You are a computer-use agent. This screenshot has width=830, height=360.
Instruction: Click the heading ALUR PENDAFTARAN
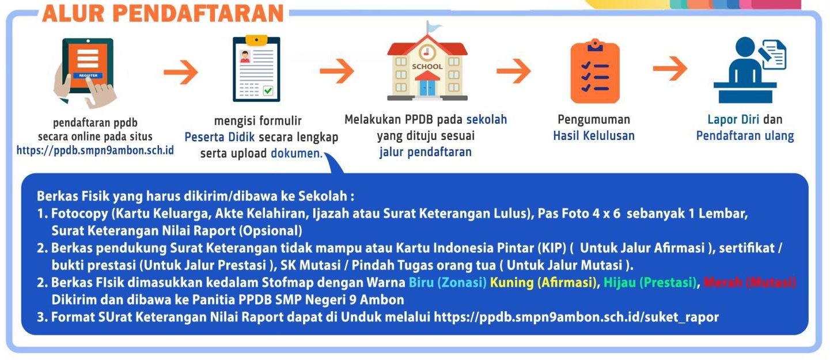(163, 13)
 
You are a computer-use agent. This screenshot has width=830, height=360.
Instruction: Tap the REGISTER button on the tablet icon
(88, 75)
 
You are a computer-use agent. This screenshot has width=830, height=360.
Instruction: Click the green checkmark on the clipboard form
(268, 90)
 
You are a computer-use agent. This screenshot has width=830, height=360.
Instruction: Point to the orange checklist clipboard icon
(595, 71)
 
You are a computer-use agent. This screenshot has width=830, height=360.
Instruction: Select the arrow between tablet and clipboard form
(181, 71)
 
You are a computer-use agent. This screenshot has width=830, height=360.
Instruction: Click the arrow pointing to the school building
(337, 70)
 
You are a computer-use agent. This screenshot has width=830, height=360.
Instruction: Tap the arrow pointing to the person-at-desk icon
(670, 69)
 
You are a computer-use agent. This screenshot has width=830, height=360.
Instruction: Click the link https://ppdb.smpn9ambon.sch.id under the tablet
(95, 150)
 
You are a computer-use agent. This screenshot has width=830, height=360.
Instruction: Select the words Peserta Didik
(219, 137)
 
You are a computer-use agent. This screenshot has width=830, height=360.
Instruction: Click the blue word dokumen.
(297, 153)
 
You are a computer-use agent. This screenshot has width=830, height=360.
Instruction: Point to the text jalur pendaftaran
(426, 152)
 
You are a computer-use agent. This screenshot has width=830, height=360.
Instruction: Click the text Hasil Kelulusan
(594, 136)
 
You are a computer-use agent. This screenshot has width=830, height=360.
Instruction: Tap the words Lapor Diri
(733, 120)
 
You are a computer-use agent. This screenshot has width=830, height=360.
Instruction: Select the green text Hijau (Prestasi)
(650, 283)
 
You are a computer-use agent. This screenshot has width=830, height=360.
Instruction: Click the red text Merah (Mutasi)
(749, 283)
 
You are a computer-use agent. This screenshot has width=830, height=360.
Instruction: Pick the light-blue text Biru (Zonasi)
(448, 283)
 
